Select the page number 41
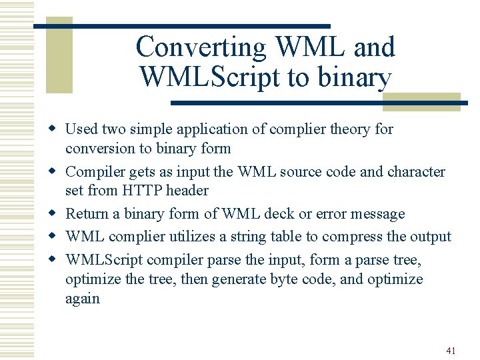pyautogui.click(x=451, y=350)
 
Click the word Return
pyautogui.click(x=87, y=214)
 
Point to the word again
pyautogui.click(x=82, y=299)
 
